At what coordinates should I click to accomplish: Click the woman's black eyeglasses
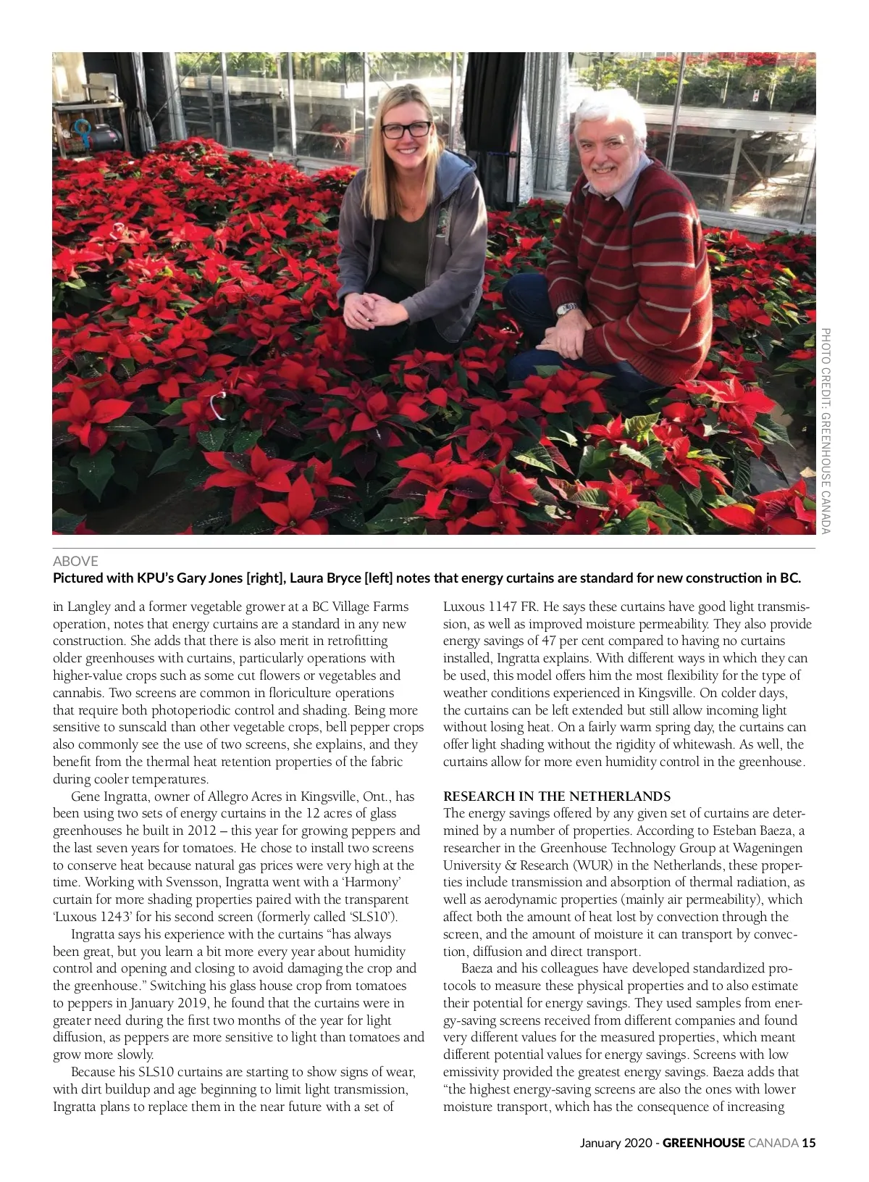click(x=406, y=130)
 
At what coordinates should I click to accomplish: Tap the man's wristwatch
click(x=566, y=309)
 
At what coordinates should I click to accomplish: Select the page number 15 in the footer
click(x=809, y=1143)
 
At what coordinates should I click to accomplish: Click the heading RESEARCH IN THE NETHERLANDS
click(x=556, y=796)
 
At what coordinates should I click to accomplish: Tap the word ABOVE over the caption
click(x=75, y=561)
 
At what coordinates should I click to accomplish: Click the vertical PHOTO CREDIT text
click(x=825, y=430)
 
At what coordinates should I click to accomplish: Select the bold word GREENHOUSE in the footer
click(x=703, y=1143)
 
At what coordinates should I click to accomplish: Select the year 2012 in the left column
click(x=202, y=831)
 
